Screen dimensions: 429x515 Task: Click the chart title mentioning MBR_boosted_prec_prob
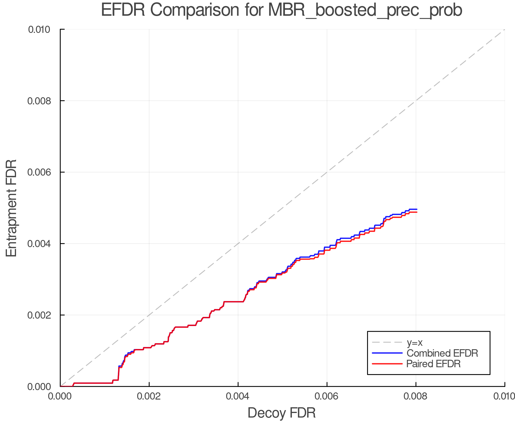point(282,10)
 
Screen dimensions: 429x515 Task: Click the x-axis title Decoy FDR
point(282,413)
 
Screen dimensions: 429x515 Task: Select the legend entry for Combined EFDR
point(442,353)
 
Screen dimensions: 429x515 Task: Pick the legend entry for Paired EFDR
point(433,364)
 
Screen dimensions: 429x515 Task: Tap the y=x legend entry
point(415,342)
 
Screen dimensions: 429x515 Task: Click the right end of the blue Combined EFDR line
point(417,209)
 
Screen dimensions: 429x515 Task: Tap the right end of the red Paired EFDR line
point(417,212)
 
